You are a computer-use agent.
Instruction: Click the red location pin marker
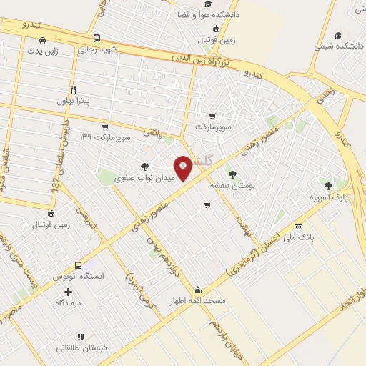(183, 167)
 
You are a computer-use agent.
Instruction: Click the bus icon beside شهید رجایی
(97, 39)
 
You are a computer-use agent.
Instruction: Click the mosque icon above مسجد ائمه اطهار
(197, 290)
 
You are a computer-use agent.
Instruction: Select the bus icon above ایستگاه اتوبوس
(78, 264)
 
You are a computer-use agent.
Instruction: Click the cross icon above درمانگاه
(69, 292)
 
